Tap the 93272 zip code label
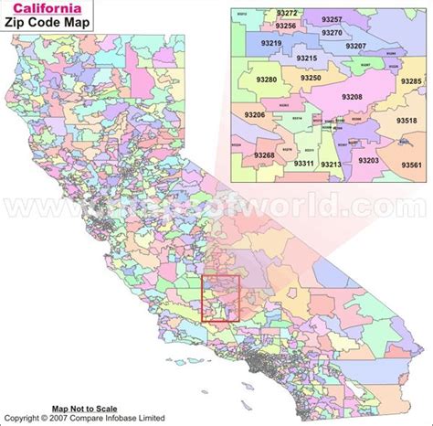pos(288,14)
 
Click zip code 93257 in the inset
pos(333,19)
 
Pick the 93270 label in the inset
pos(332,32)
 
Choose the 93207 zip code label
pos(356,45)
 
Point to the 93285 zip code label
pos(412,81)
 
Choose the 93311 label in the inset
pos(305,163)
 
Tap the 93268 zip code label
pos(264,155)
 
